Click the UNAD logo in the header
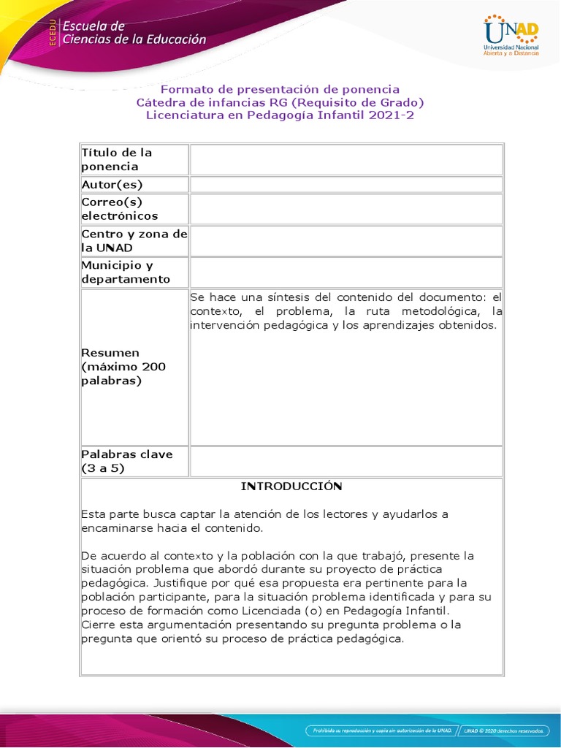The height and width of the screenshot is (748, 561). click(x=511, y=35)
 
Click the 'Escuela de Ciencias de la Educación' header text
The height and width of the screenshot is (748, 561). click(x=134, y=33)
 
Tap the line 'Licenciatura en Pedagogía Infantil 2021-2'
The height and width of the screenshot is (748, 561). click(x=280, y=115)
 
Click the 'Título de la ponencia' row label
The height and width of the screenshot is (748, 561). click(x=117, y=159)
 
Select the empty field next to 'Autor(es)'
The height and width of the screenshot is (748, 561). click(x=346, y=184)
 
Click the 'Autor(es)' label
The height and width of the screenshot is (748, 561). click(x=112, y=184)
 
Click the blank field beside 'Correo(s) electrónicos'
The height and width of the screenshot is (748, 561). click(x=346, y=209)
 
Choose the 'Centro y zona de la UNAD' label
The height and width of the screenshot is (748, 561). click(x=134, y=240)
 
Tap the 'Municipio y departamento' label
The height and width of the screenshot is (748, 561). click(x=126, y=272)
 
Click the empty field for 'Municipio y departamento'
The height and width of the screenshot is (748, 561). click(x=346, y=272)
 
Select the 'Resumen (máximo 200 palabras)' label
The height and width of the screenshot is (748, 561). click(x=123, y=367)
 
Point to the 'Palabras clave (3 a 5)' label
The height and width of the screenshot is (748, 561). click(x=127, y=461)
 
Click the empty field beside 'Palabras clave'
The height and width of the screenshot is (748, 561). click(x=346, y=461)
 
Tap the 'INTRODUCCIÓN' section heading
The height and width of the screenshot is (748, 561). click(x=291, y=486)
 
